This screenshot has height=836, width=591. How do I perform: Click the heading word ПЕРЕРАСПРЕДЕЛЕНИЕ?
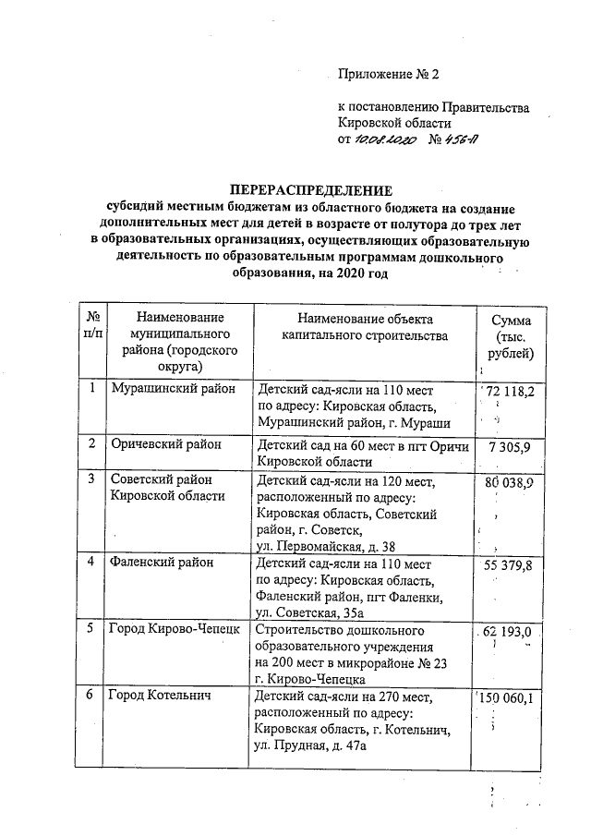click(304, 189)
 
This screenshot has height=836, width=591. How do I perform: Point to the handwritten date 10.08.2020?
click(386, 139)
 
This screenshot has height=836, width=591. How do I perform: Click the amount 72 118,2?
click(514, 393)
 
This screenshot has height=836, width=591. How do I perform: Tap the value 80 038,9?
click(513, 482)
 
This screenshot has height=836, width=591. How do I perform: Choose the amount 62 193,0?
click(514, 632)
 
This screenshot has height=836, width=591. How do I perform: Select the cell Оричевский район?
click(166, 445)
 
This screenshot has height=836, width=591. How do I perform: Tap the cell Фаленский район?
click(162, 563)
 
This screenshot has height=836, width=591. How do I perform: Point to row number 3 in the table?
click(92, 479)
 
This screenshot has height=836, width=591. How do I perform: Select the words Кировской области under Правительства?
click(395, 123)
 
